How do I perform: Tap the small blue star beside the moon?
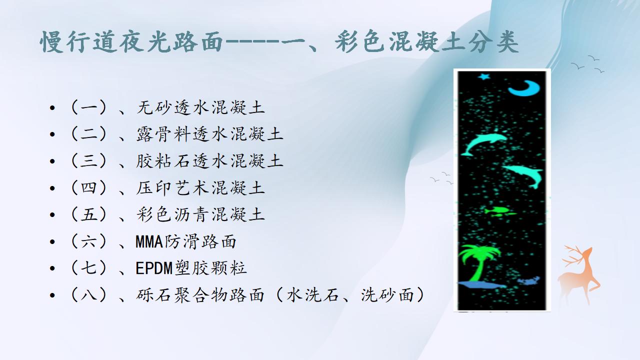coord(484,76)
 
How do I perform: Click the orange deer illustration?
coord(579,274)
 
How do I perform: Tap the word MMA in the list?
coord(149,241)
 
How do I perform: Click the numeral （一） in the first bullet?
coord(88,107)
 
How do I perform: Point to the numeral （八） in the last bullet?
coord(88,295)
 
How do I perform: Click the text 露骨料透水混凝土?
coord(209,134)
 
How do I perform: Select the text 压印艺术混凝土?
coord(200,188)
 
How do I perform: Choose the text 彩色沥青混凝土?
coord(200,215)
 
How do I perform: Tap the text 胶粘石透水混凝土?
coord(209,161)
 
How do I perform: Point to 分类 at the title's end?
coord(494,42)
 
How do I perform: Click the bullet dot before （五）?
coord(52,215)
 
